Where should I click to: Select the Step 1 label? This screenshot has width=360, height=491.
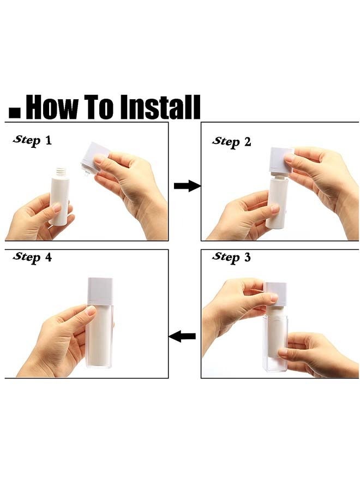pos(32,140)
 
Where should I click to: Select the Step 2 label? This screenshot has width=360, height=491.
pos(232,141)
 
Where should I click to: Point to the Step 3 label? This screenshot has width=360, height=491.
pos(231,257)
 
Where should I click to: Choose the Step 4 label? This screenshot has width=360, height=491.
pos(32,257)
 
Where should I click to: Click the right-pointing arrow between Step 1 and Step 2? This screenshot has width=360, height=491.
pos(187,186)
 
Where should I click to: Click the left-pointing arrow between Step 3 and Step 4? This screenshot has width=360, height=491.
pos(182,336)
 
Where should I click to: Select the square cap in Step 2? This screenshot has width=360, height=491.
pos(281,160)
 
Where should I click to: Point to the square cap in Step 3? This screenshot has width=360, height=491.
pos(276,294)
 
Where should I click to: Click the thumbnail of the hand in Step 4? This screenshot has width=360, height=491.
pos(91,310)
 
